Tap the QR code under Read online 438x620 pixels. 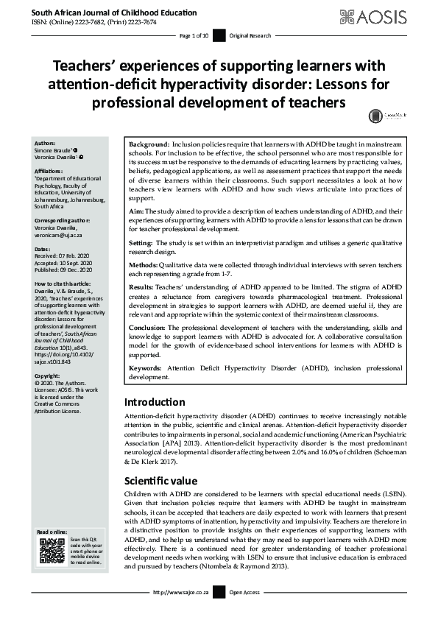click(x=51, y=551)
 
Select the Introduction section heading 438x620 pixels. click(x=155, y=403)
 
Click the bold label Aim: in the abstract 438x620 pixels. click(x=136, y=211)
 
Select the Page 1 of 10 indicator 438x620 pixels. click(x=194, y=35)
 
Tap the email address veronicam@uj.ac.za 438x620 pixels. click(x=61, y=234)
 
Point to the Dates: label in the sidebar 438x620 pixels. click(x=43, y=250)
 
